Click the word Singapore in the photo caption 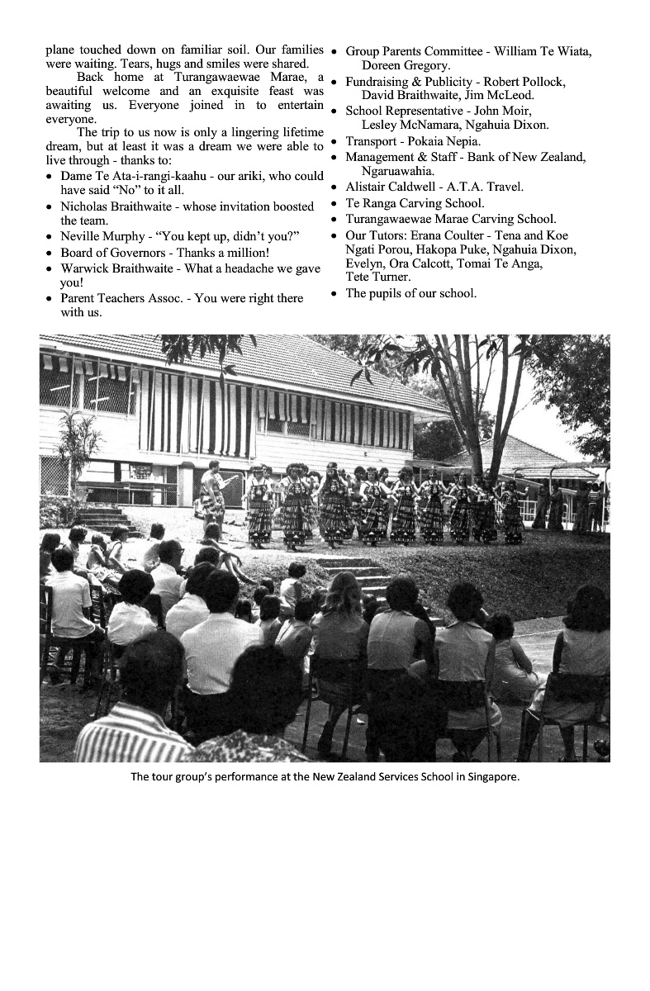[x=493, y=776]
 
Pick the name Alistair [x=368, y=187]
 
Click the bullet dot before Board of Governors [x=51, y=253]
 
